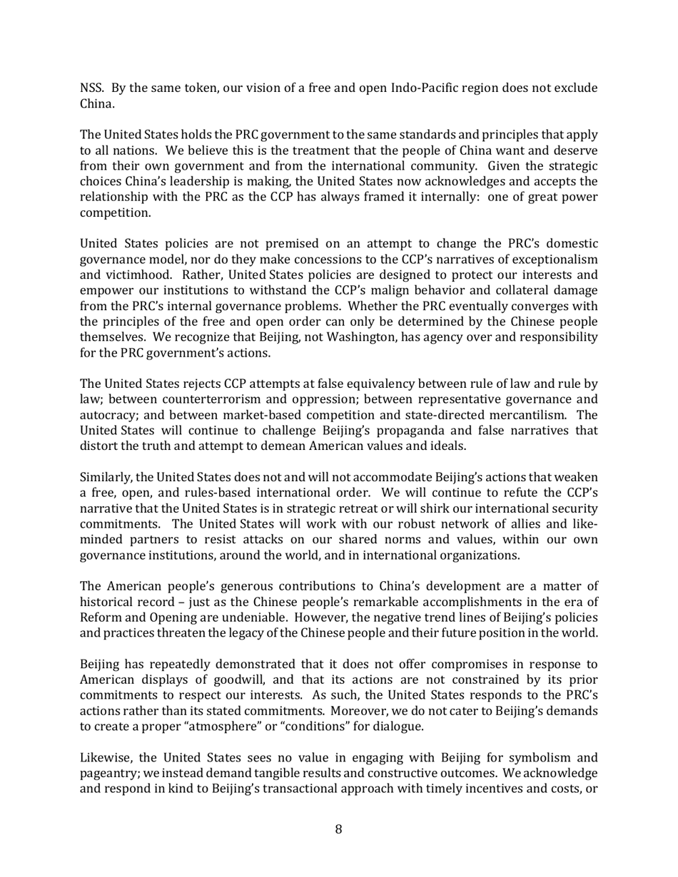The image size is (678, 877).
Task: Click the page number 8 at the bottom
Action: [x=338, y=829]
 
